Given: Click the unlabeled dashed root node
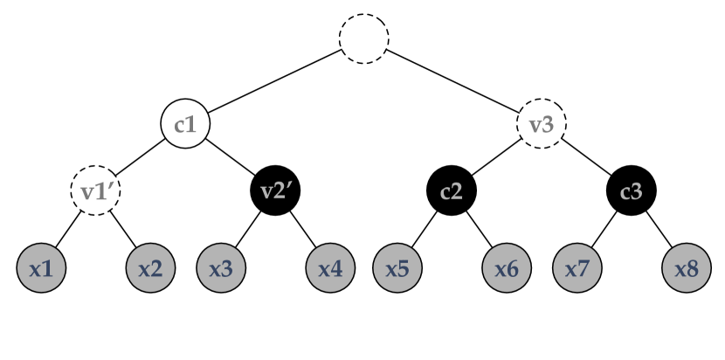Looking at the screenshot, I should (363, 38).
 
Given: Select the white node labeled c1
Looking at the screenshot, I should (185, 124).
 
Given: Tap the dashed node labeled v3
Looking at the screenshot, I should (542, 124).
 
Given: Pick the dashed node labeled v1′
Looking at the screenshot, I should (94, 190).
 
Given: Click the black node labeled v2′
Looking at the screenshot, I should (276, 190).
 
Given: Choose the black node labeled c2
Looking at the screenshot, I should (452, 190).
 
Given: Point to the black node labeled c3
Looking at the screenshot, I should (632, 190).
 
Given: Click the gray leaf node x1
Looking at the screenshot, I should (41, 268).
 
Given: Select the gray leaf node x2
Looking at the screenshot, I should (150, 268).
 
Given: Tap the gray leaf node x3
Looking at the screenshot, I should (221, 268).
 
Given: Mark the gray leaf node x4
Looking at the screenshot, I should (330, 268).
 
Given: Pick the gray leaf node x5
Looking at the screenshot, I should (398, 268).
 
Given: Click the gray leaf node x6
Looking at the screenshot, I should (507, 268).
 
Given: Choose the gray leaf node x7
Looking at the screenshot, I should (577, 268).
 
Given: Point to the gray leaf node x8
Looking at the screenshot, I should (687, 268).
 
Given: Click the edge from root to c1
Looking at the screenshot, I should (274, 81).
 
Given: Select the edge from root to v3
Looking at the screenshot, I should (452, 81).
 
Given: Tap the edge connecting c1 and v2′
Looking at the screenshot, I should (231, 157).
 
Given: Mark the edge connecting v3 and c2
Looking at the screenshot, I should (497, 157).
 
